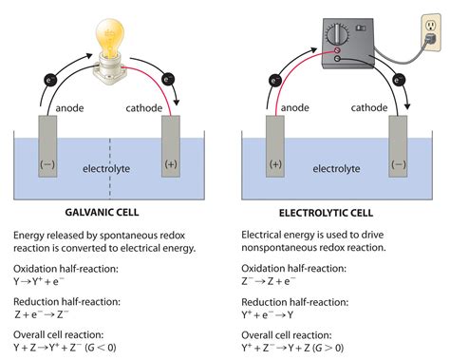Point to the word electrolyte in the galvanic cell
tap(106, 168)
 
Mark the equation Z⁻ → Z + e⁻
tap(279, 283)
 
